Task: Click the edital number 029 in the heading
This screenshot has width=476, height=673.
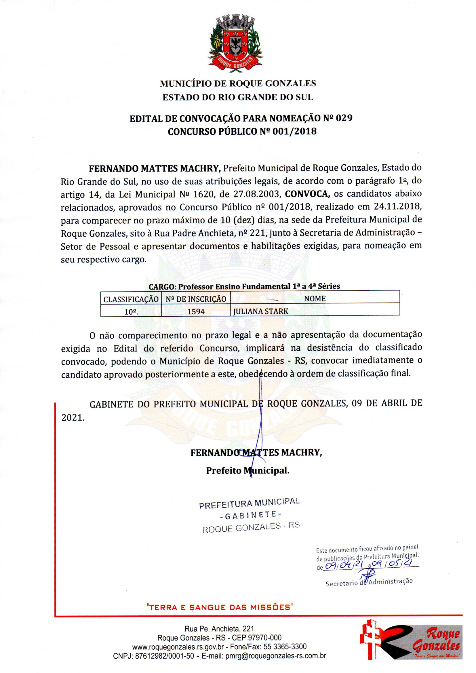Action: coord(344,118)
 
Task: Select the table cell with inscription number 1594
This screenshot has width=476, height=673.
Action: coord(196,311)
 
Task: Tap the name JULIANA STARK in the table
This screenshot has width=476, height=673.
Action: coord(260,311)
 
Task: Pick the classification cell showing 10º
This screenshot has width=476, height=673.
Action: coord(131,311)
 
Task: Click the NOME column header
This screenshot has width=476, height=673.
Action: coord(315,299)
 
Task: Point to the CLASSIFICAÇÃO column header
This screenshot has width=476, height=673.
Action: coord(131,299)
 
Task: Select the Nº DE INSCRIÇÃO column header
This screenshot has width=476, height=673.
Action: coord(196,299)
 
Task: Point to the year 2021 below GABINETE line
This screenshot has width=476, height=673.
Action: coord(73,417)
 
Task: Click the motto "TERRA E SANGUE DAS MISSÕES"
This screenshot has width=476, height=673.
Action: coord(220,607)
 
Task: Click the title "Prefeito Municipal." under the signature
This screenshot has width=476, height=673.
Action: coord(248,470)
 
